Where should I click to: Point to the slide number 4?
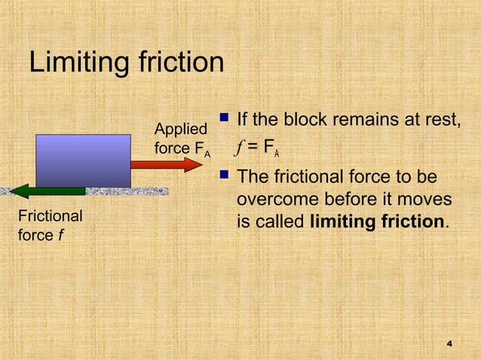(x=449, y=343)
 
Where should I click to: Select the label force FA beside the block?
(x=182, y=148)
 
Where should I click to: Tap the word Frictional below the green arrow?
(x=50, y=216)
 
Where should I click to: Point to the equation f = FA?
(x=258, y=148)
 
